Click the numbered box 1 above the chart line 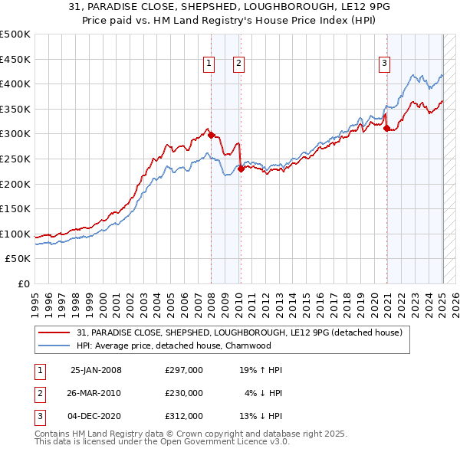(x=209, y=64)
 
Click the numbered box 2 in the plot (x=239, y=64)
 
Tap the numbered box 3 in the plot (x=384, y=64)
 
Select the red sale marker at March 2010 (x=241, y=169)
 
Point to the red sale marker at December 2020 (x=387, y=128)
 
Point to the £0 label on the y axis (x=23, y=283)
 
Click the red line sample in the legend (x=55, y=332)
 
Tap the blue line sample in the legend (x=55, y=346)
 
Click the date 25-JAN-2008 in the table (x=96, y=370)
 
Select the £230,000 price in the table (x=184, y=393)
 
